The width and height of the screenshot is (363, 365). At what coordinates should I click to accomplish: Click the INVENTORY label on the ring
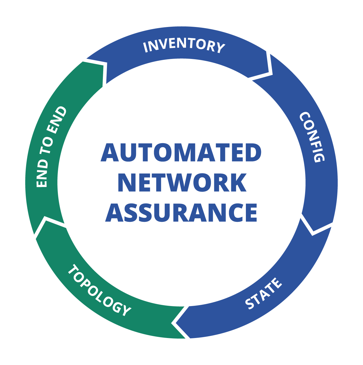[x=184, y=46]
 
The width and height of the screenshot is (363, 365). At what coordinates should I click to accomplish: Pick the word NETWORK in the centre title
[x=182, y=183]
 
